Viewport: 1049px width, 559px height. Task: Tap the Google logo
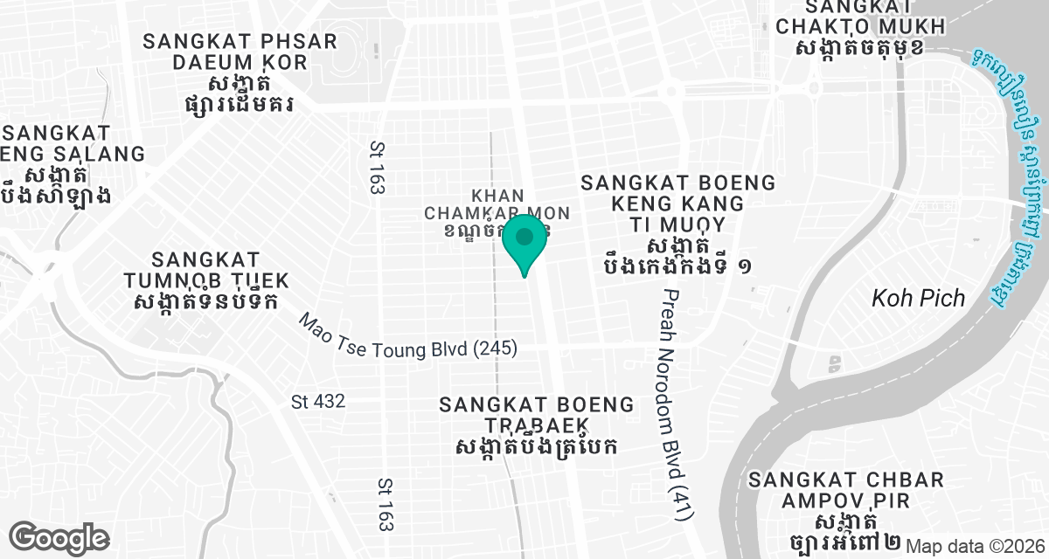59,537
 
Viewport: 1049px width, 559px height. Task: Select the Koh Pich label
918,299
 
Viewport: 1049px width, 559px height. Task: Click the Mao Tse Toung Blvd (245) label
407,336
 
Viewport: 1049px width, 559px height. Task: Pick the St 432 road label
318,402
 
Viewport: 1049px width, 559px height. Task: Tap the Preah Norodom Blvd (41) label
672,406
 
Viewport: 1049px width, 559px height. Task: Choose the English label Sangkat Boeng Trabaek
537,415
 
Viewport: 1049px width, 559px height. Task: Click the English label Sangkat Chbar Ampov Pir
845,491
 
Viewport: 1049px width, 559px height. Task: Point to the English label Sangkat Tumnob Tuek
206,270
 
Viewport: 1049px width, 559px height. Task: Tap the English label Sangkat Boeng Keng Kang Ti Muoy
677,203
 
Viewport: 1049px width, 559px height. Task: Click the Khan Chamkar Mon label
497,204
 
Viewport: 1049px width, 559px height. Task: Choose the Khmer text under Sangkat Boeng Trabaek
537,446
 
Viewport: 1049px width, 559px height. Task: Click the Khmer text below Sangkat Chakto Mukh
860,47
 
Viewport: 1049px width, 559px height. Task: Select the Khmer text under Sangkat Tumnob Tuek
206,301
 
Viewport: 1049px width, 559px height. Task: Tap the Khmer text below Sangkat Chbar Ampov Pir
845,533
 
